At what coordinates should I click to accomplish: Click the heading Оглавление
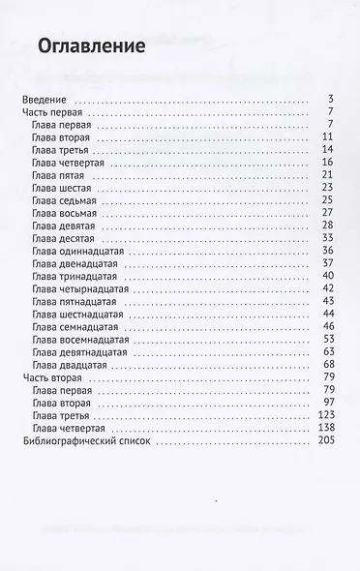[x=90, y=45]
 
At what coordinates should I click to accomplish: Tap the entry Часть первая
[x=56, y=112]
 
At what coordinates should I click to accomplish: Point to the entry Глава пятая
[x=60, y=174]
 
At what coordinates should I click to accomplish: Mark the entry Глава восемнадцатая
[x=79, y=339]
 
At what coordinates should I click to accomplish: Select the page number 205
[x=325, y=439]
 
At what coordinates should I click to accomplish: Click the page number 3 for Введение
[x=331, y=100]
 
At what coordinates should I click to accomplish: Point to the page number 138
[x=325, y=427]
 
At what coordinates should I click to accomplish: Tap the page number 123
[x=325, y=414]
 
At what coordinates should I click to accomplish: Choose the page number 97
[x=328, y=402]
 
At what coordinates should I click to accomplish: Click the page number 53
[x=328, y=339]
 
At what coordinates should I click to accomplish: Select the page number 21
[x=328, y=174]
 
